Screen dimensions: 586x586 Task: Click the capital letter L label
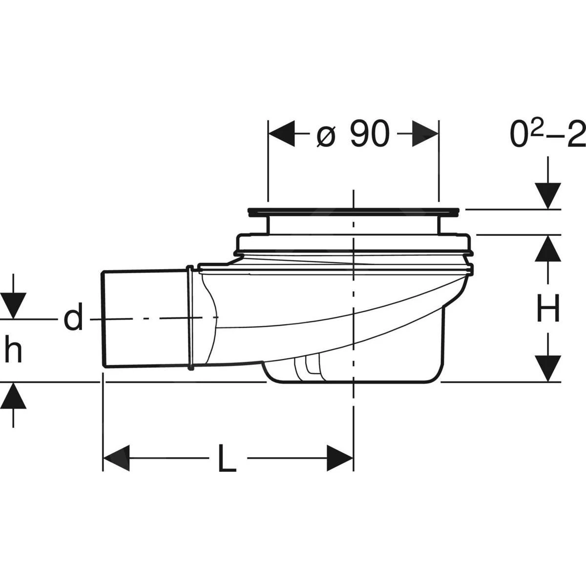[x=226, y=459]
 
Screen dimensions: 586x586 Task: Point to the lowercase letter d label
[x=73, y=318]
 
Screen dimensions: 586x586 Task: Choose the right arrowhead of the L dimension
[x=339, y=459]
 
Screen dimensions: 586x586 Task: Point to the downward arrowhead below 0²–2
[x=548, y=195]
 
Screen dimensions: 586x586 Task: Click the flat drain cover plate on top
[x=354, y=211]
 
